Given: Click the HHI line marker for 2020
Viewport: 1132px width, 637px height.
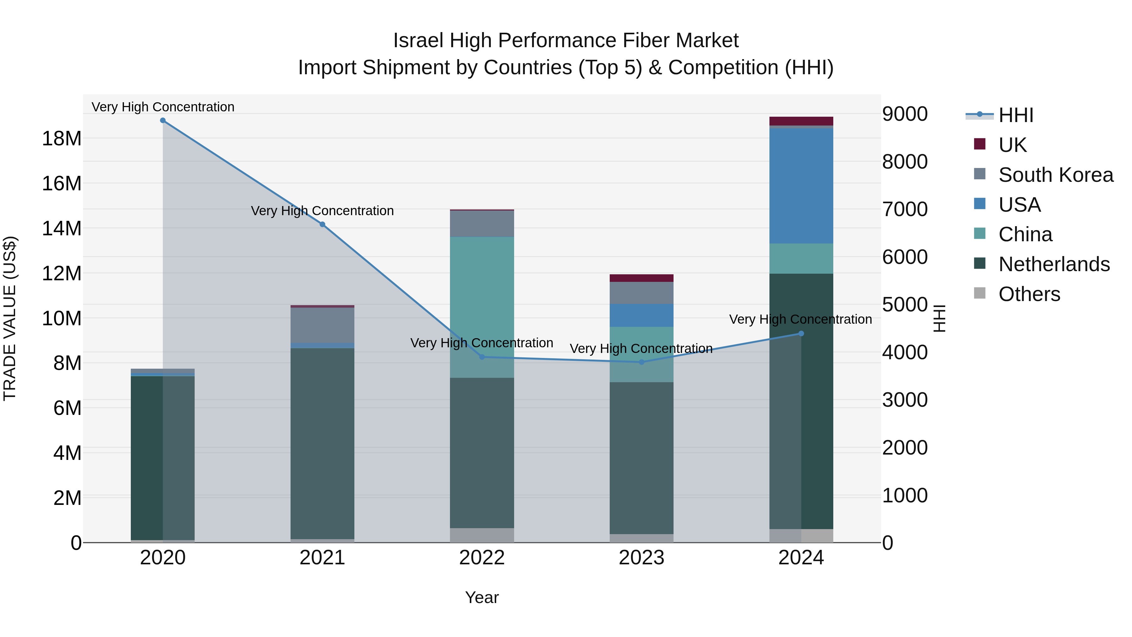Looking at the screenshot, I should tap(163, 120).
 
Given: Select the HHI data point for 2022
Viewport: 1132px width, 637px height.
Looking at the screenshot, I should tap(482, 357).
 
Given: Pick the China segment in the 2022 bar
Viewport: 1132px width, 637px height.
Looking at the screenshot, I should tap(482, 307).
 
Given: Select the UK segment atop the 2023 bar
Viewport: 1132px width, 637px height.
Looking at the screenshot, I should tap(641, 278).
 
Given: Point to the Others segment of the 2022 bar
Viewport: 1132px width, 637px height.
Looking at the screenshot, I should tap(482, 535).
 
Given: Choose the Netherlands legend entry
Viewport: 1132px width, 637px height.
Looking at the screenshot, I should tap(1053, 264).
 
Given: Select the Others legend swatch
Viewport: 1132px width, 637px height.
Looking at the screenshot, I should tap(979, 293).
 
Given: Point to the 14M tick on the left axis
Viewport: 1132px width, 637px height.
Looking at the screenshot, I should tap(62, 229).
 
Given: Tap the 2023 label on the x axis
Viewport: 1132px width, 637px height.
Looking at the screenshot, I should tap(641, 558).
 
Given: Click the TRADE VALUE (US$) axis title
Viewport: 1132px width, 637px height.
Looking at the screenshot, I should tap(10, 318).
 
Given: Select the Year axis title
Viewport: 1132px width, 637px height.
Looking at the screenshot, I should tap(482, 597).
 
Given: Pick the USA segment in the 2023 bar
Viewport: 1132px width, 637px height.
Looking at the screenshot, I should tap(641, 315).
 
